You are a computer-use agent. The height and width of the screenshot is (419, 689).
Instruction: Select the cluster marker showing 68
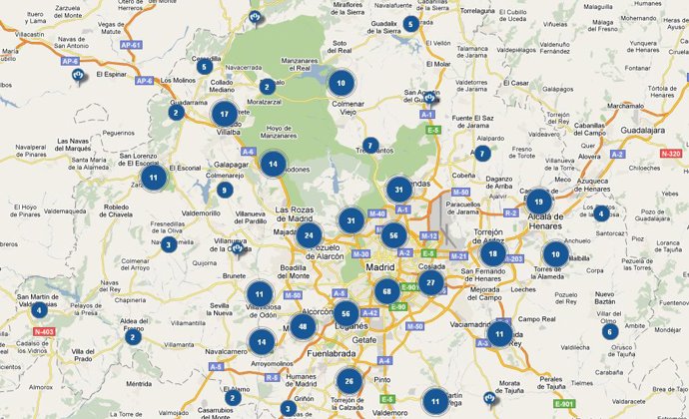386,292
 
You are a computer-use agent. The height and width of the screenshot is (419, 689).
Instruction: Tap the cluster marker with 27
430,282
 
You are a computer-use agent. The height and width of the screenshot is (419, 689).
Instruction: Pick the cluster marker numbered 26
348,380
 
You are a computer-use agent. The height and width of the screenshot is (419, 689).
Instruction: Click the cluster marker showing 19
538,203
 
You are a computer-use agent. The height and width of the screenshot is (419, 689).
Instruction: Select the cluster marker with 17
225,114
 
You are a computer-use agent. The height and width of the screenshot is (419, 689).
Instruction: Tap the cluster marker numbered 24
310,236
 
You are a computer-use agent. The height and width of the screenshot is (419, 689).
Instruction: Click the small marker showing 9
225,190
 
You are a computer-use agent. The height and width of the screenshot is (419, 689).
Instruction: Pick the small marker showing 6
609,331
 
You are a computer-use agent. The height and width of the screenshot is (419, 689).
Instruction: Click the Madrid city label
380,268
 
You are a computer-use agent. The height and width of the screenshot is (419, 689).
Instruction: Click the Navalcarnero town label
230,352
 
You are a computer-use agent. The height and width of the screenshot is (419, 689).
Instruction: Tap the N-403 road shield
43,331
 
